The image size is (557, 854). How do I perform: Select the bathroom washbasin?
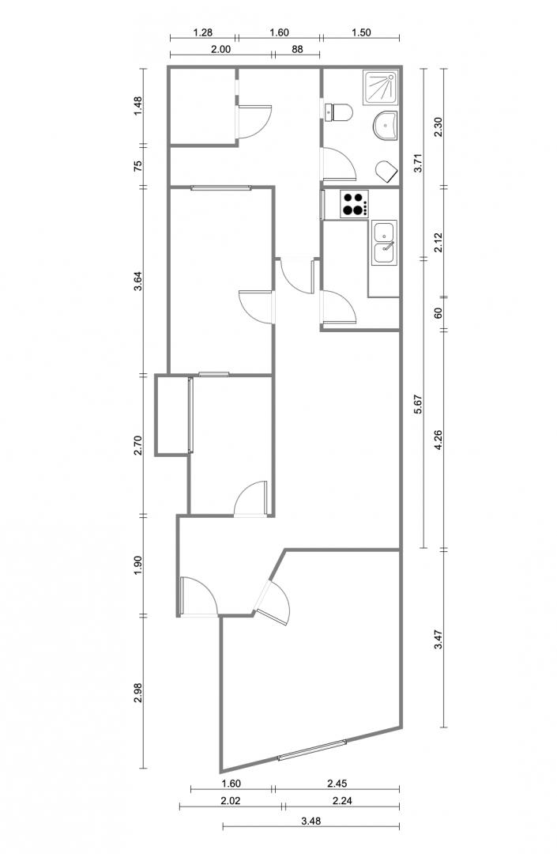386,126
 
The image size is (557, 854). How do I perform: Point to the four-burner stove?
355,204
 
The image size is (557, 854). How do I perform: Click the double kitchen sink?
385,243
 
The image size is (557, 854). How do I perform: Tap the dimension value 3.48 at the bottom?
310,821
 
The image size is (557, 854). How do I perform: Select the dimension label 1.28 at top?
202,32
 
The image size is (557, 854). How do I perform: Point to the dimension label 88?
297,49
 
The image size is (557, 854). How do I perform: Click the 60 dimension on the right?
439,313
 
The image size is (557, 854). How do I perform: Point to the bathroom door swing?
339,164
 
